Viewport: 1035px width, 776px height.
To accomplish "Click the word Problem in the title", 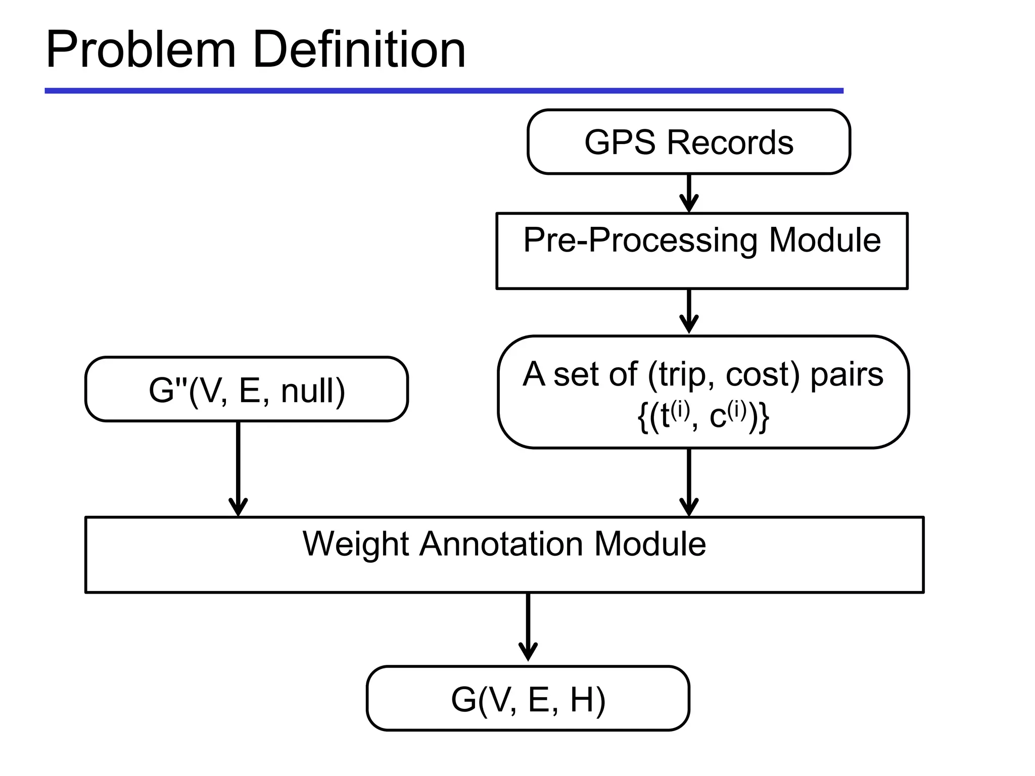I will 140,51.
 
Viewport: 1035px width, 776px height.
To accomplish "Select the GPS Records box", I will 688,142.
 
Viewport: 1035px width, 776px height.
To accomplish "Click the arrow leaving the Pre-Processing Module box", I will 689,311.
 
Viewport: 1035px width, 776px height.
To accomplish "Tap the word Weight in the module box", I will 356,544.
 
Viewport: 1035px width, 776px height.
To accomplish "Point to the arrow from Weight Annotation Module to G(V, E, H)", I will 528,626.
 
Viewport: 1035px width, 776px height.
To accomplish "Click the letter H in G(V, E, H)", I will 582,700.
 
